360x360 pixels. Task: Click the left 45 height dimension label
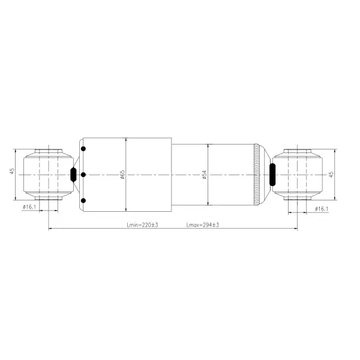pos(11,172)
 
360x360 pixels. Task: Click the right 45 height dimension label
pos(331,174)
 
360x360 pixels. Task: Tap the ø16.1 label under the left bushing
pos(29,207)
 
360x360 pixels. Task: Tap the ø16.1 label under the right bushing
pos(322,208)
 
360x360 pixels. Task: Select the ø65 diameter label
pos(122,174)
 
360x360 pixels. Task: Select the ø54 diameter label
pos(204,175)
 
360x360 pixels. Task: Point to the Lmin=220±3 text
pos(142,225)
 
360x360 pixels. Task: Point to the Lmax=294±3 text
pos(202,225)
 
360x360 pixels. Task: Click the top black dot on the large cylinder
pos(83,149)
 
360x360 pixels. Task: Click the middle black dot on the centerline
pos(83,175)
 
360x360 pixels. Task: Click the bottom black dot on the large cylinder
pos(83,200)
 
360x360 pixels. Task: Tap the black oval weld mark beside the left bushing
pos(73,175)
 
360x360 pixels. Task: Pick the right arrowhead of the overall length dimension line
pos(295,229)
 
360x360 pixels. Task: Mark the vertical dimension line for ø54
pos(208,192)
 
